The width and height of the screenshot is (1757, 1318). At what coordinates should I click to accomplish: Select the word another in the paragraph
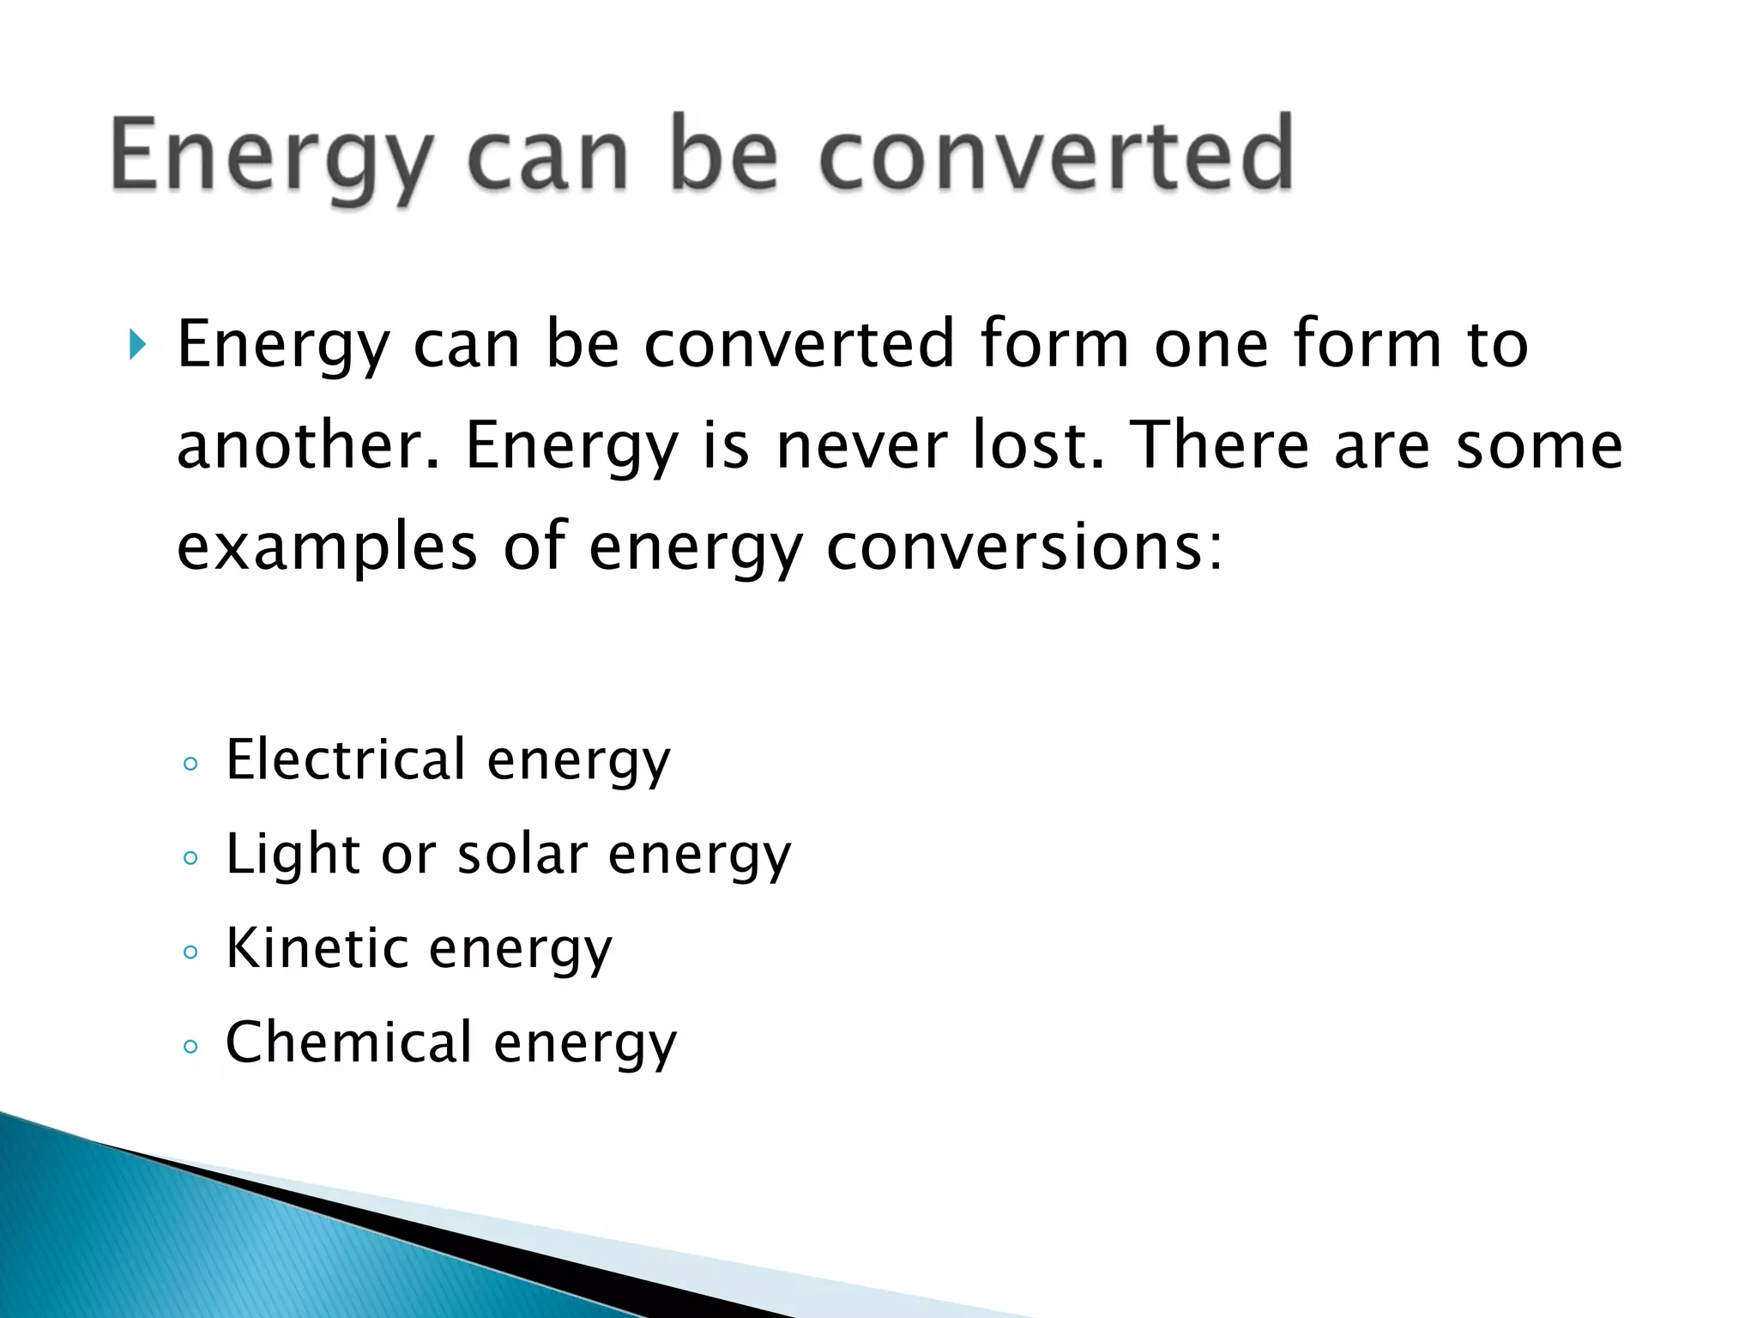pos(307,446)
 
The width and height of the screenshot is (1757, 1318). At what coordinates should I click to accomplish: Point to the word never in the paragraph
pos(860,446)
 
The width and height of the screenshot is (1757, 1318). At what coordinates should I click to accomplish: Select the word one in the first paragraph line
pos(1211,345)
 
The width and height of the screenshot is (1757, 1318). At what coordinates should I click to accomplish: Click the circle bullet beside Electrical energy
pos(190,764)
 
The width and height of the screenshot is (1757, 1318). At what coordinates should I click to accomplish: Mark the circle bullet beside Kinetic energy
pos(190,952)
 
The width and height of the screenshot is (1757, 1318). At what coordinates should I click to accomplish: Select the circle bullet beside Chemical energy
pos(190,1046)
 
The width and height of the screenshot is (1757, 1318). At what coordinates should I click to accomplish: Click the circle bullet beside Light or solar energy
pos(190,858)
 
